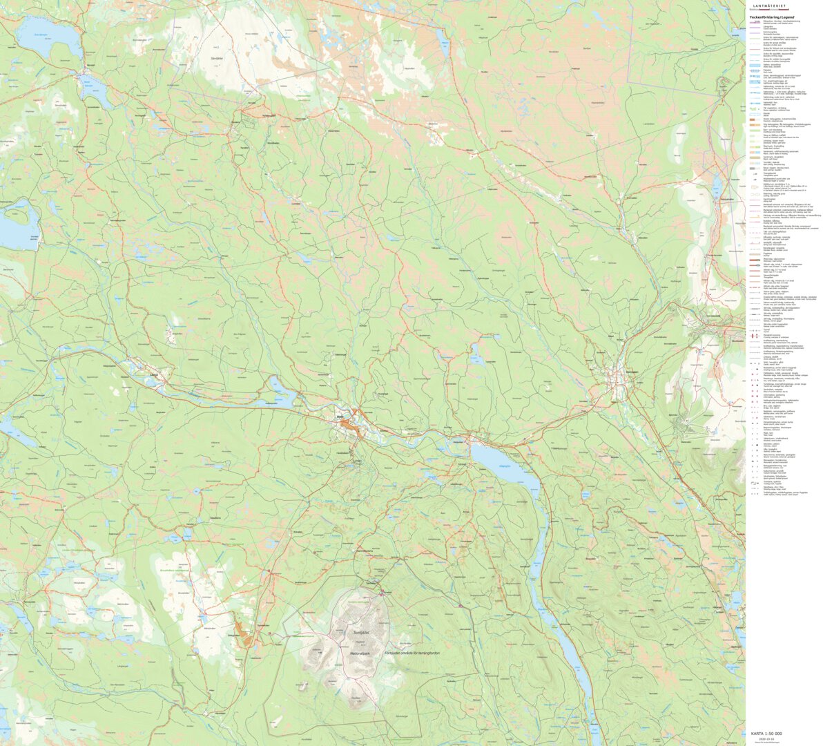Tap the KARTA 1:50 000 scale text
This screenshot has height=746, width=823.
(766, 733)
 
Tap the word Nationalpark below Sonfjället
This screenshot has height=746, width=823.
(360, 653)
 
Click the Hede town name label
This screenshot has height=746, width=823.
(339, 416)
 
